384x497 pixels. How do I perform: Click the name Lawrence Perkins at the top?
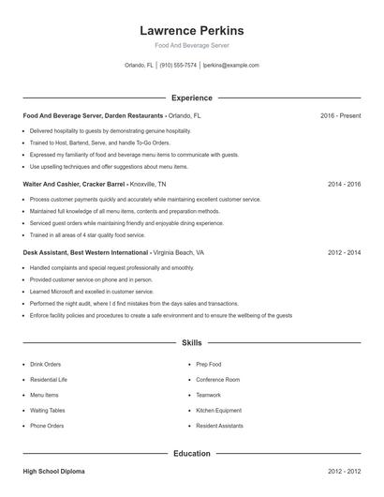click(x=191, y=31)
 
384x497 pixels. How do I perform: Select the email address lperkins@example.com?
click(x=230, y=66)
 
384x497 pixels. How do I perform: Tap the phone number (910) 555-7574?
click(x=178, y=66)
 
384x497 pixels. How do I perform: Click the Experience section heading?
click(x=191, y=98)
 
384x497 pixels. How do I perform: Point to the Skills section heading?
click(x=191, y=344)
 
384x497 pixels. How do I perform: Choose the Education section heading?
click(x=191, y=454)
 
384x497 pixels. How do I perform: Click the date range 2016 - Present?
click(x=340, y=115)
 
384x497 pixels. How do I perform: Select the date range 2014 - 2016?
click(x=344, y=184)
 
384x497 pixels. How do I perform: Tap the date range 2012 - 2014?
click(x=344, y=252)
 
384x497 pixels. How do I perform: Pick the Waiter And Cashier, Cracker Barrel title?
click(x=81, y=184)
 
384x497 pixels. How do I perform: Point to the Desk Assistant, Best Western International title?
click(x=86, y=252)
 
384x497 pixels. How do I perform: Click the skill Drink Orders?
click(x=47, y=364)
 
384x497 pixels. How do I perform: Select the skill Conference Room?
click(x=217, y=379)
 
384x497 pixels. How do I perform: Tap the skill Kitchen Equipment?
click(x=218, y=410)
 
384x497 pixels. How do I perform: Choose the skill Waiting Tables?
click(x=49, y=410)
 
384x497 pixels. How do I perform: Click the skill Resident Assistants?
click(x=219, y=426)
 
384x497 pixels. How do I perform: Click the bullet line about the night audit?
click(x=134, y=304)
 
